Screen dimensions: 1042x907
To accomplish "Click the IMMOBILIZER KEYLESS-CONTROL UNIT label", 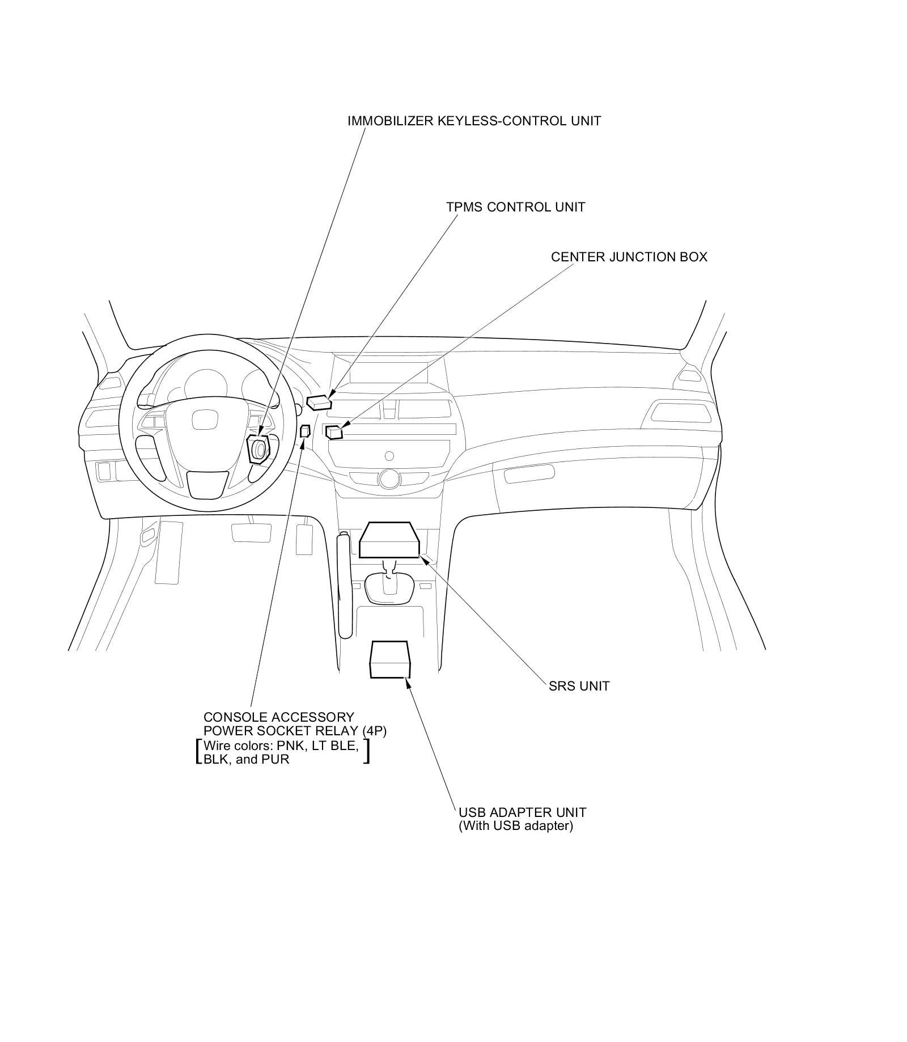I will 474,121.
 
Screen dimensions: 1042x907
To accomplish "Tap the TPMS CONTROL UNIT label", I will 515,207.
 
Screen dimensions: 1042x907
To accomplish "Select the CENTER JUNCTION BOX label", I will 629,257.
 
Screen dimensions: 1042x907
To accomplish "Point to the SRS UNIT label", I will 579,687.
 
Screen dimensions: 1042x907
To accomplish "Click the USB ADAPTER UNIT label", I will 522,812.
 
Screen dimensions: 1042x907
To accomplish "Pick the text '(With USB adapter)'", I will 515,826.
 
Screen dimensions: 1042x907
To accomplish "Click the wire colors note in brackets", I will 282,752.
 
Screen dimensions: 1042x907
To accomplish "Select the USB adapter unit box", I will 389,659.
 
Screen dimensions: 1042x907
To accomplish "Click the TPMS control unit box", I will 320,402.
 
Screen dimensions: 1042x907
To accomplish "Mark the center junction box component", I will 334,433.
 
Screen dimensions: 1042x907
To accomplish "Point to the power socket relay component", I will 305,431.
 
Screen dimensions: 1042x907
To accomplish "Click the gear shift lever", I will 389,585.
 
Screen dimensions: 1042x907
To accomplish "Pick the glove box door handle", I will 529,473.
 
